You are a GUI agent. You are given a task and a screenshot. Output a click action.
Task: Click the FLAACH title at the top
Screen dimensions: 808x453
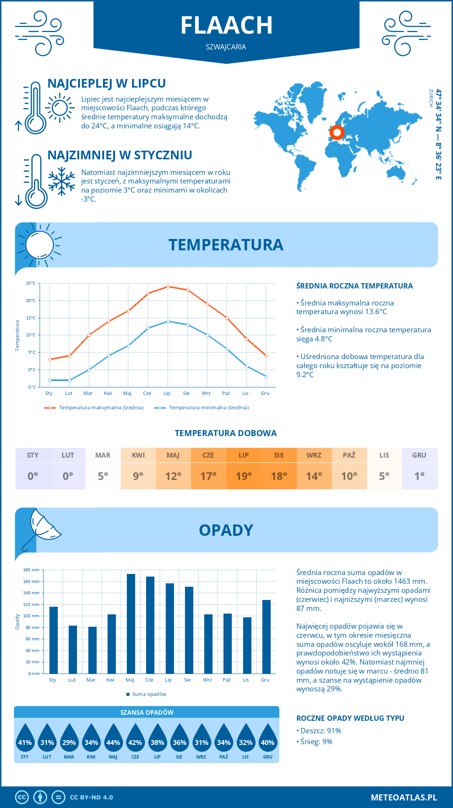[x=226, y=25]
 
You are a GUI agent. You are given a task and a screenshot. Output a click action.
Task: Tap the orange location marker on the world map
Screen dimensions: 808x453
[x=337, y=133]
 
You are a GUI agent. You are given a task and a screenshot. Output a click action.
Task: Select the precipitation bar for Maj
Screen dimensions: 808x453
[x=131, y=623]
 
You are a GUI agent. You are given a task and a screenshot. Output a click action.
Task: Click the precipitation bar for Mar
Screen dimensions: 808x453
[x=92, y=650]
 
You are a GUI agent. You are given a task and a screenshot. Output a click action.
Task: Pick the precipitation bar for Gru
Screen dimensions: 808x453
[x=267, y=637]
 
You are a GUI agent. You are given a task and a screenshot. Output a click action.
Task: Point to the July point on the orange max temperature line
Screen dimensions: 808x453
[x=168, y=287]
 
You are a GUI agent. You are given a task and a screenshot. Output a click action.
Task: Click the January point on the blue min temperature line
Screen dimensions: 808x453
[x=50, y=380]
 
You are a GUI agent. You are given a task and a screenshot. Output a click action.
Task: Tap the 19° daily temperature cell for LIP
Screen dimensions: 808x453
[x=244, y=476]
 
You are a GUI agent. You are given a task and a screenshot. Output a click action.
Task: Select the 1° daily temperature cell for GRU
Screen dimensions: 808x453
[x=419, y=476]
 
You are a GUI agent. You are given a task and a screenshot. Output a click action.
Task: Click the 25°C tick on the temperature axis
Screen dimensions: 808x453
[x=31, y=283]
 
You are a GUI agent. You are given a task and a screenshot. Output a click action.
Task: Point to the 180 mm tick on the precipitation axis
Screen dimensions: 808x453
[x=32, y=570]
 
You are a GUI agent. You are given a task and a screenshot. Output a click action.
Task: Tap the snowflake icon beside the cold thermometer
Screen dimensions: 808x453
[x=62, y=181]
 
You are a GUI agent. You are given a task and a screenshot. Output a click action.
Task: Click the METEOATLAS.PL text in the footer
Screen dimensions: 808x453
[x=404, y=797]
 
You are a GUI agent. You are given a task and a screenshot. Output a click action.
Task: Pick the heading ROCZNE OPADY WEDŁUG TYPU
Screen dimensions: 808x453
[x=350, y=718]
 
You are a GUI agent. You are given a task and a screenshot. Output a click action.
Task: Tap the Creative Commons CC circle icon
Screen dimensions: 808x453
[x=22, y=797]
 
